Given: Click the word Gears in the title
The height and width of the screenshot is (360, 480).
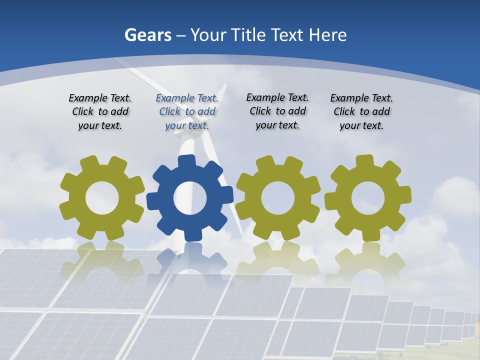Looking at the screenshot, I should point(148,35).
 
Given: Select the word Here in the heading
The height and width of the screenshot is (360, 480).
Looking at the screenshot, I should point(327,35).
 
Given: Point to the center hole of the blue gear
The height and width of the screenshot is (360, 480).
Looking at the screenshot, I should point(190,198).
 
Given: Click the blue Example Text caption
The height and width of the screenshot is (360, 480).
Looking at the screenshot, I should point(187,112).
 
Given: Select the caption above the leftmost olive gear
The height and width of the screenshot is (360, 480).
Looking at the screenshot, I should point(100,112).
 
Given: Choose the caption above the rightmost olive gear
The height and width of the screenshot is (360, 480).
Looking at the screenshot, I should point(361,112).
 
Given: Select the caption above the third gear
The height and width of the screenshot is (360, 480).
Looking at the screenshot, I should point(277,111).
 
